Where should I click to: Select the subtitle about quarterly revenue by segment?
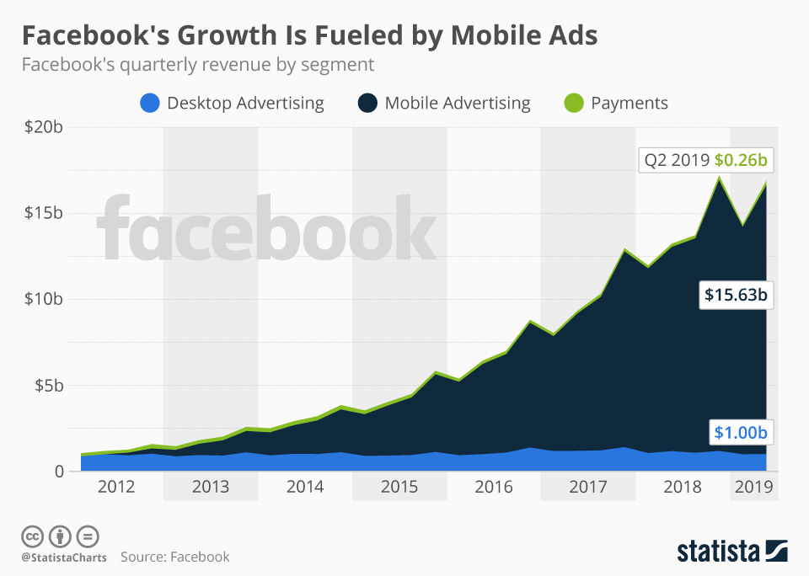(x=197, y=65)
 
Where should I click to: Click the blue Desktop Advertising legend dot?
(x=148, y=104)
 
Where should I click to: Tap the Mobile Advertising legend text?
(x=458, y=104)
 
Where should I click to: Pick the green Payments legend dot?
(x=572, y=104)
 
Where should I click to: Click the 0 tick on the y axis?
(x=58, y=472)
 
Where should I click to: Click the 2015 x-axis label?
(x=399, y=488)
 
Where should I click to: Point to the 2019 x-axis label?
(x=753, y=488)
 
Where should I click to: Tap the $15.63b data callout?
(x=736, y=296)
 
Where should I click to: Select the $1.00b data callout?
(x=741, y=433)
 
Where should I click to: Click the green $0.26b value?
(x=742, y=159)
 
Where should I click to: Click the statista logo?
(x=732, y=552)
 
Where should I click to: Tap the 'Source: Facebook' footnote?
(x=174, y=557)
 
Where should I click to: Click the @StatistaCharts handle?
(x=64, y=557)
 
